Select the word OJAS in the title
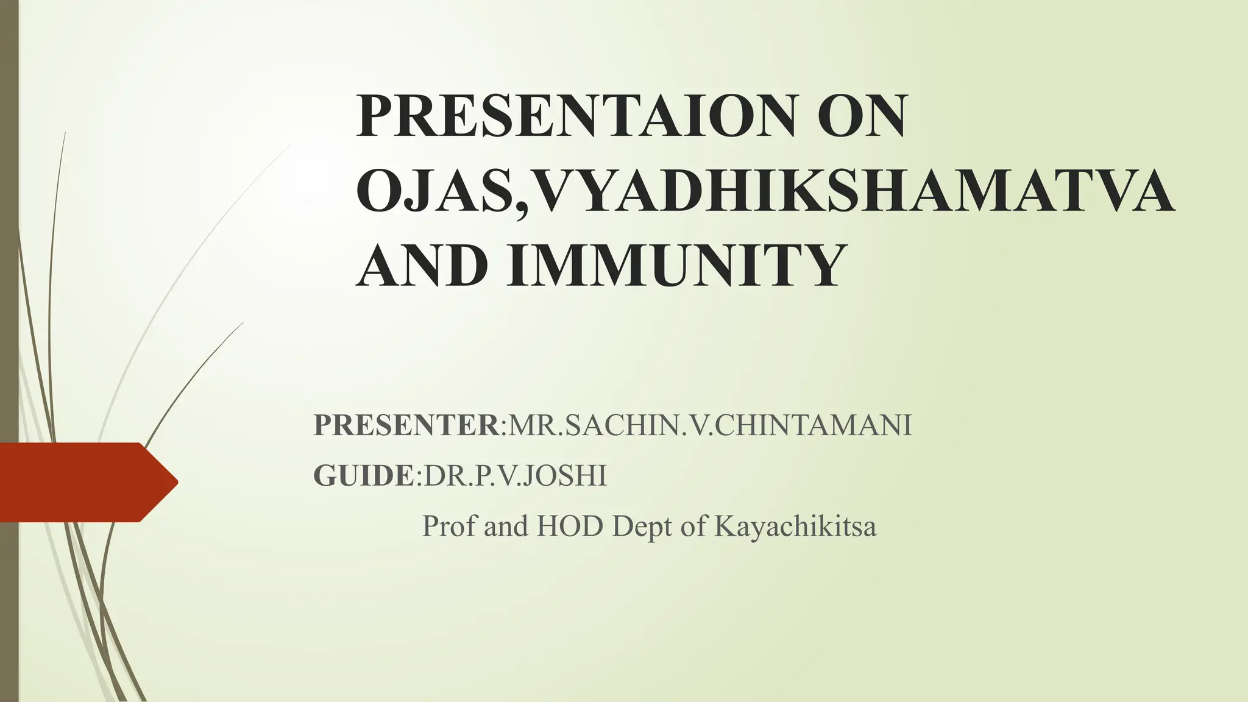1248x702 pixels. pos(433,191)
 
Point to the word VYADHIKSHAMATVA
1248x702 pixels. pos(853,191)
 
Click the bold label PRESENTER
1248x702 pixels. pos(406,425)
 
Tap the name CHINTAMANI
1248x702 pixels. pos(813,425)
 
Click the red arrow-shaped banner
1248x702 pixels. pos(79,482)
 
